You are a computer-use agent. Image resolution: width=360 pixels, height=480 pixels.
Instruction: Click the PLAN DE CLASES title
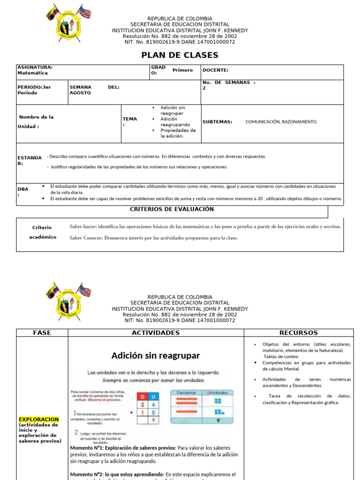[x=180, y=55]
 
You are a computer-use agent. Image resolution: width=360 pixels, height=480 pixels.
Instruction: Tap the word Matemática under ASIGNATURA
[x=32, y=73]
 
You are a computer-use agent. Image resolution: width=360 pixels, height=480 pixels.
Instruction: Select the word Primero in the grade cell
[x=182, y=70]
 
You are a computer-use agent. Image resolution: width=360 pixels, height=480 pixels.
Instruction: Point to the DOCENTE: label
[x=215, y=70]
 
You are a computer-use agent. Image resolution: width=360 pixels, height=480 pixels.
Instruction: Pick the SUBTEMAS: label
[x=217, y=122]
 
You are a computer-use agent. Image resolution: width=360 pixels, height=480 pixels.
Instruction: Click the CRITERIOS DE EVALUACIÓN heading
[x=172, y=209]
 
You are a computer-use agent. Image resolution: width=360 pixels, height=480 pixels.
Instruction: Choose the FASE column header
[x=42, y=333]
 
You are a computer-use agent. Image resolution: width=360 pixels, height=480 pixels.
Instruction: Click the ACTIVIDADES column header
[x=156, y=333]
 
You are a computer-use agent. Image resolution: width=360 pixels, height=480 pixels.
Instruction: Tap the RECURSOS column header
[x=298, y=333]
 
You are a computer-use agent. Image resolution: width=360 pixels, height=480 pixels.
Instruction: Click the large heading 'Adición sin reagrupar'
[x=156, y=355]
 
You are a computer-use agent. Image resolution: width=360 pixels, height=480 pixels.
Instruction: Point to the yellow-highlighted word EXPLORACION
[x=39, y=420]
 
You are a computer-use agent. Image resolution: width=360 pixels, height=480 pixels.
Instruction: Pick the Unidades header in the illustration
[x=217, y=393]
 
